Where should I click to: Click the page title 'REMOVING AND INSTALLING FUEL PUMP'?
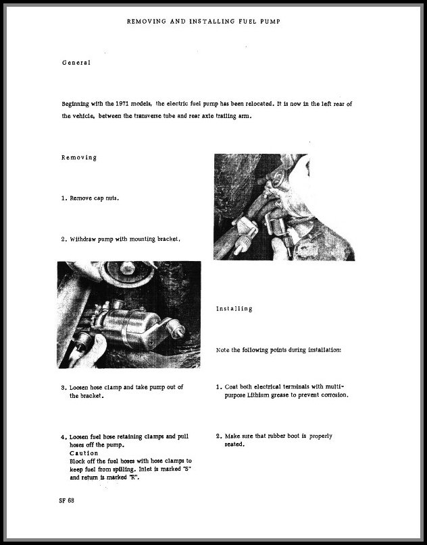[x=203, y=22]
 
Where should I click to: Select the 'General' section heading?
[x=76, y=63]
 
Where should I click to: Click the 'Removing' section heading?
[x=78, y=157]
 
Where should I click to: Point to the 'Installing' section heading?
[x=234, y=308]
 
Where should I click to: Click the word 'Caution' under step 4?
[x=84, y=453]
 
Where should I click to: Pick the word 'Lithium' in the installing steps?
[x=266, y=395]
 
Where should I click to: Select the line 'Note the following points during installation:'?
[x=278, y=351]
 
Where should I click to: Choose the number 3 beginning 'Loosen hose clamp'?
[x=62, y=388]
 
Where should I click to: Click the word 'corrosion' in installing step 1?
[x=331, y=395]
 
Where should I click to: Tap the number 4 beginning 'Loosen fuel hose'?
[x=62, y=436]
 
